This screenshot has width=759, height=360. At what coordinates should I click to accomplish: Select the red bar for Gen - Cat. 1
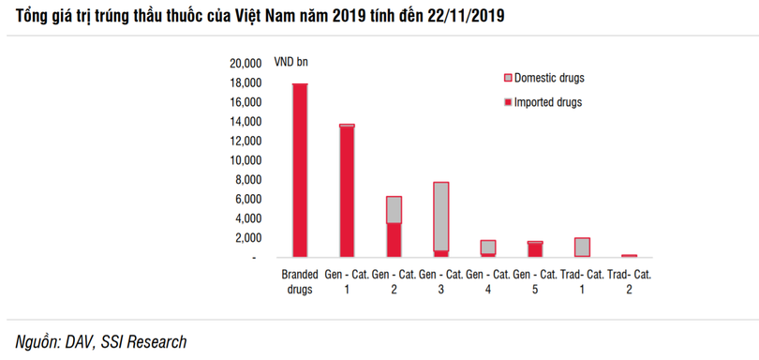pyautogui.click(x=347, y=192)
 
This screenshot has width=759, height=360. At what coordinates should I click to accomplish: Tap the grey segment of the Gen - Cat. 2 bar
pyautogui.click(x=394, y=209)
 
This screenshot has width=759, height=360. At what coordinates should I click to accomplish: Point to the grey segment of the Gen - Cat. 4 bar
pyautogui.click(x=488, y=247)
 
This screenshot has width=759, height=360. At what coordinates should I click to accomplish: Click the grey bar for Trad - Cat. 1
pyautogui.click(x=582, y=247)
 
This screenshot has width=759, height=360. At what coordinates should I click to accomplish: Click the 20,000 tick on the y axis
pyautogui.click(x=245, y=64)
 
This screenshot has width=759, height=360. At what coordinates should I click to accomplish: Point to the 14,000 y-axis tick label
pyautogui.click(x=245, y=122)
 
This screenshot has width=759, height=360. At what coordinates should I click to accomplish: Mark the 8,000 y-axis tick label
pyautogui.click(x=247, y=180)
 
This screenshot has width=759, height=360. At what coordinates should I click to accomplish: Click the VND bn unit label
pyautogui.click(x=290, y=63)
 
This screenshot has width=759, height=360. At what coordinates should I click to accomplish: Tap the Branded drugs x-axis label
pyautogui.click(x=300, y=282)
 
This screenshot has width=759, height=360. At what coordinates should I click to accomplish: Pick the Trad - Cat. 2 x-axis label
pyautogui.click(x=629, y=282)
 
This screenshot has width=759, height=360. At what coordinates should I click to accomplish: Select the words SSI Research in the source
pyautogui.click(x=142, y=342)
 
